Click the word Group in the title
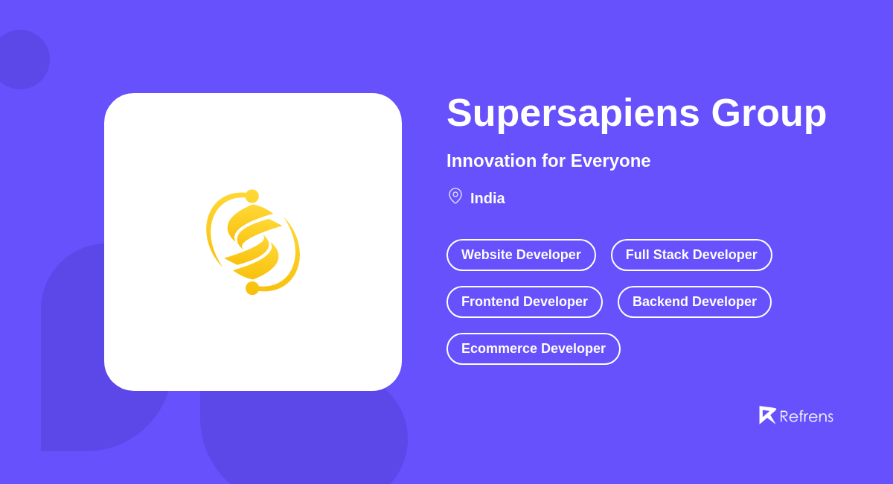[x=769, y=113]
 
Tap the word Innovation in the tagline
[x=491, y=161]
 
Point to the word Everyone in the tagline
[x=610, y=161]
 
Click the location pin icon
[x=455, y=196]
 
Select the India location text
[x=487, y=199]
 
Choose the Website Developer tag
[x=521, y=255]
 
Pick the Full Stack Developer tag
[x=691, y=255]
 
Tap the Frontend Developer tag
[x=525, y=302]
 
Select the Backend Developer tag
[x=694, y=302]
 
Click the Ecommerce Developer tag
[x=534, y=348]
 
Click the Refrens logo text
[x=806, y=417]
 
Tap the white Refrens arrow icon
[x=766, y=415]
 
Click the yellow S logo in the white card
[x=253, y=242]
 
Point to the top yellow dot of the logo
[x=252, y=197]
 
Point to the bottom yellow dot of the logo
[x=252, y=288]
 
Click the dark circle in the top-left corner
[x=21, y=60]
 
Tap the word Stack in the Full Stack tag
[x=670, y=255]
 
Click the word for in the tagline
[x=554, y=161]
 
